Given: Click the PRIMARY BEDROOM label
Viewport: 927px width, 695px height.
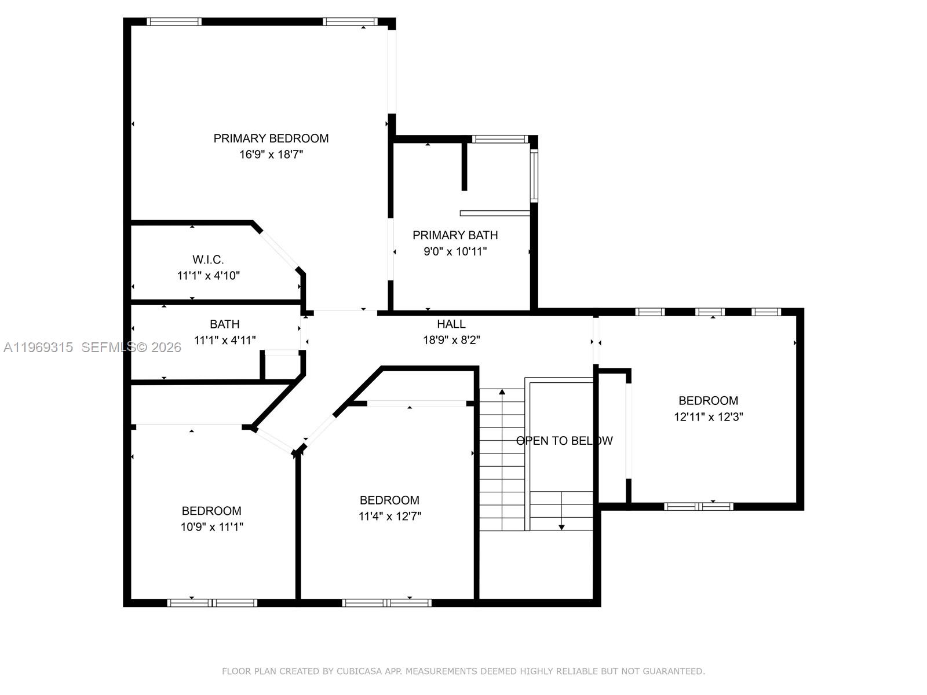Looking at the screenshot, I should (271, 138).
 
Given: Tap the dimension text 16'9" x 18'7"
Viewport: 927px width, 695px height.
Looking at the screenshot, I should (271, 155).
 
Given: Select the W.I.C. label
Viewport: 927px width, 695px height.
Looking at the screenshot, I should (208, 259).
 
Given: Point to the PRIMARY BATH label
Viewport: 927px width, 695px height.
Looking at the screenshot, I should (455, 235).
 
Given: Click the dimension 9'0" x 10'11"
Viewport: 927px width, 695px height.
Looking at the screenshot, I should (455, 251).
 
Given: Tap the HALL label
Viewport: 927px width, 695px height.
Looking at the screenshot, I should (451, 324).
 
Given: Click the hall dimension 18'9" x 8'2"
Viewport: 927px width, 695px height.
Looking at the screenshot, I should (451, 340).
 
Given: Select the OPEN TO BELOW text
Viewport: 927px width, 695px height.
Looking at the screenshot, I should (564, 441).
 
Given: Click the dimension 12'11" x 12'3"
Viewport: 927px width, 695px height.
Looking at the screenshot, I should (708, 416).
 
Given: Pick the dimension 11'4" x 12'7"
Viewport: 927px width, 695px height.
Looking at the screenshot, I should (389, 516).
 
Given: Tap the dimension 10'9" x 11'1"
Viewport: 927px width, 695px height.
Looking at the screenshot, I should (211, 526).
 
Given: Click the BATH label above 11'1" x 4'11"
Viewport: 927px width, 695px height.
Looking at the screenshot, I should (224, 324).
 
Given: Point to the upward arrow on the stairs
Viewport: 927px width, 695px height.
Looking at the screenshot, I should (502, 393).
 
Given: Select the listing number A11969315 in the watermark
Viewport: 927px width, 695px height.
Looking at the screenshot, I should (38, 347).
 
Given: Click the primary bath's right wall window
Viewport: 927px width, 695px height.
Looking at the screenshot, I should (534, 175).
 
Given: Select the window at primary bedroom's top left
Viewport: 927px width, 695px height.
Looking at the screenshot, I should (174, 22).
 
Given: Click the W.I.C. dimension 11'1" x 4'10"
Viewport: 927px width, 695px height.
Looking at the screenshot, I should (208, 276).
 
